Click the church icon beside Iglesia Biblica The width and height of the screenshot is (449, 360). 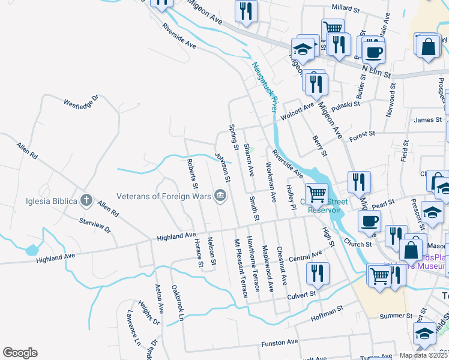[x=86, y=200]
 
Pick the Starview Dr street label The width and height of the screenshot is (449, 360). [x=95, y=225]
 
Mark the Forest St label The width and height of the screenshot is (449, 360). [x=363, y=133]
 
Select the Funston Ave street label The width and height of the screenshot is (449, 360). [x=279, y=343]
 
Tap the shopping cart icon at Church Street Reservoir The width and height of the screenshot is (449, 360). [x=316, y=193]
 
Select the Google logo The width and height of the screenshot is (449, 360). [x=20, y=353]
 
